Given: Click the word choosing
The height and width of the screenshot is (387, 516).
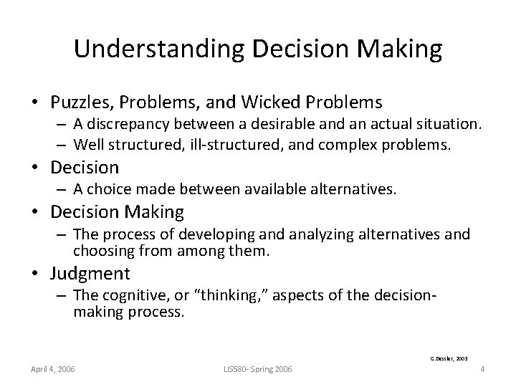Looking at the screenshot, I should click(100, 250).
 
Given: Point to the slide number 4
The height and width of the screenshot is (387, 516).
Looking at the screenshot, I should click(483, 369).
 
